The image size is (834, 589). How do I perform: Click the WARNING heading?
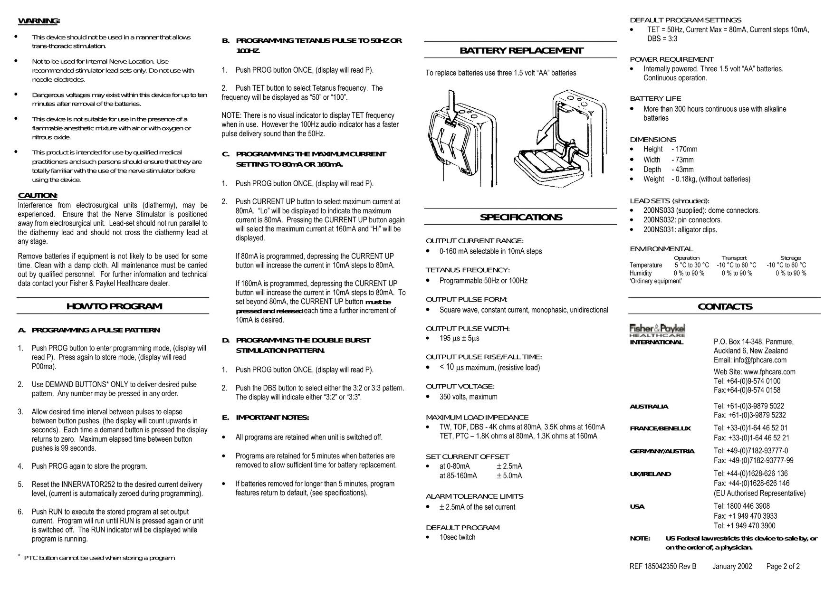[x=38, y=21]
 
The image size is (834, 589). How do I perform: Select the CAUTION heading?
[x=38, y=196]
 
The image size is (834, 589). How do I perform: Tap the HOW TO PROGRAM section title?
[x=114, y=306]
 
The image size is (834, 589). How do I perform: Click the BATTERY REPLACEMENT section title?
[x=521, y=50]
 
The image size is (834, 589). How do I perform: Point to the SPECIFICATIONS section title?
[x=521, y=218]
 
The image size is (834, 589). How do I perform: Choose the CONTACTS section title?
[x=725, y=306]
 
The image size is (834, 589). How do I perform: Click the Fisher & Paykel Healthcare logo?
[x=657, y=330]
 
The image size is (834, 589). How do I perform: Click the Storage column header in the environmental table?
[x=790, y=258]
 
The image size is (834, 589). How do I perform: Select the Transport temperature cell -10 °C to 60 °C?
[x=736, y=265]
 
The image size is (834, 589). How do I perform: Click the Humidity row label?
[x=641, y=273]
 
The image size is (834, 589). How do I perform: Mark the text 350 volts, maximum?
[x=468, y=397]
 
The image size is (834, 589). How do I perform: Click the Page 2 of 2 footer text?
[x=783, y=566]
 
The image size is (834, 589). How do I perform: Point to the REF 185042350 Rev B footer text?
[x=662, y=566]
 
